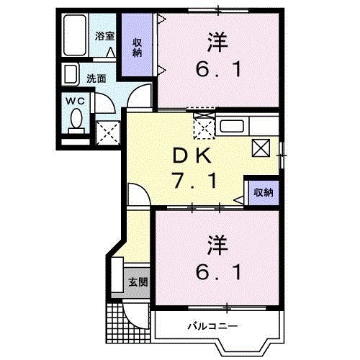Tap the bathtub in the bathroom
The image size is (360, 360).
click(76, 37)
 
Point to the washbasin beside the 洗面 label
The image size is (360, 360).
click(71, 76)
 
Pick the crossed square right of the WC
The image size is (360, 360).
click(107, 132)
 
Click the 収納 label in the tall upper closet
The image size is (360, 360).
click(137, 46)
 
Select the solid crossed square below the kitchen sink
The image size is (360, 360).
click(261, 148)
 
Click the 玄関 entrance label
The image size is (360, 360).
click(138, 282)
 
